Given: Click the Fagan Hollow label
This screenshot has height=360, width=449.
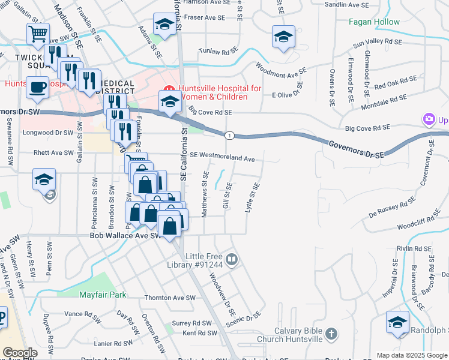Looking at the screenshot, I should tap(375, 22).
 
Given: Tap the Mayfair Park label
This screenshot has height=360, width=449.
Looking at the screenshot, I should tap(103, 295).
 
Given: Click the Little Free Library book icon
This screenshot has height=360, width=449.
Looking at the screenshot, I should tap(232, 260).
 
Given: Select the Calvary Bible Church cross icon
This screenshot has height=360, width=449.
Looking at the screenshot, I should tap(331, 334).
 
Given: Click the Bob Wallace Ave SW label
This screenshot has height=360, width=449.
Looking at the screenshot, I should tap(125, 236).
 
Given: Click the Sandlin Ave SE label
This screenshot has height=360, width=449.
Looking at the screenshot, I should tap(346, 5).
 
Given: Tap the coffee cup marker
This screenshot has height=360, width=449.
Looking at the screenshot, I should tap(37, 88).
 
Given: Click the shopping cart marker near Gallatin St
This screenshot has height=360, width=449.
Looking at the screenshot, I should tap(38, 34).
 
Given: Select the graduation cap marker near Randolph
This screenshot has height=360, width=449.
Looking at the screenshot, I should tap(398, 323).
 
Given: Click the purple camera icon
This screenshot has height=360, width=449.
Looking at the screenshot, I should tap(429, 119).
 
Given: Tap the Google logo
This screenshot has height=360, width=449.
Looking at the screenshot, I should tap(20, 353).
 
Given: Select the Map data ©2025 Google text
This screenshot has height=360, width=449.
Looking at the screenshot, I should tap(412, 355).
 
